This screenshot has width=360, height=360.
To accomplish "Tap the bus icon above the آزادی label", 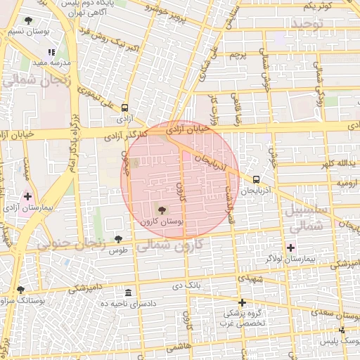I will pyautogui.click(x=124, y=108).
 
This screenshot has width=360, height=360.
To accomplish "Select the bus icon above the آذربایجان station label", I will pyautogui.click(x=256, y=179).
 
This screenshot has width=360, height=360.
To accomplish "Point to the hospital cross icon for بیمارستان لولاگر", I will pyautogui.click(x=290, y=247).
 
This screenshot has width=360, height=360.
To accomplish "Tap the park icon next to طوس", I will pyautogui.click(x=118, y=240).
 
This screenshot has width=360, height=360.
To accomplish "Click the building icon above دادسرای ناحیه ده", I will pyautogui.click(x=127, y=292).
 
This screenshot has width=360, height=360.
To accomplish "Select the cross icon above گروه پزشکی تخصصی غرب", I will pyautogui.click(x=242, y=302).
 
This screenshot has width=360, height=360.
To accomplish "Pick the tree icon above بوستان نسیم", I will pyautogui.click(x=28, y=21).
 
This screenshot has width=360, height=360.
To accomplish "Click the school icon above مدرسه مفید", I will pyautogui.click(x=51, y=52).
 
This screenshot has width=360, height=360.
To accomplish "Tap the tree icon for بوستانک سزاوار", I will pyautogui.click(x=20, y=289).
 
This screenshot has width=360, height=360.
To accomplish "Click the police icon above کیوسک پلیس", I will pyautogui.click(x=342, y=330).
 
